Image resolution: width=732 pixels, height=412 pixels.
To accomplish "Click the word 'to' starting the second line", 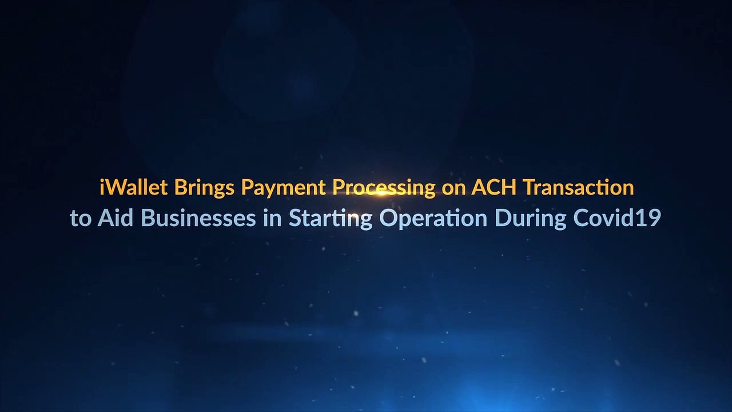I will (x=81, y=219).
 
